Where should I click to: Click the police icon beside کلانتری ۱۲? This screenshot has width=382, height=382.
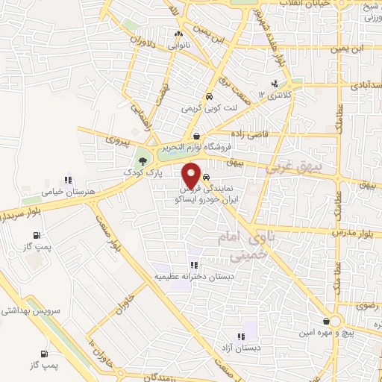click(x=275, y=84)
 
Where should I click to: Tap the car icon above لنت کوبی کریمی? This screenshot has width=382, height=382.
click(x=210, y=96)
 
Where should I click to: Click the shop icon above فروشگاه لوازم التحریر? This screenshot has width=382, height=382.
click(x=196, y=136)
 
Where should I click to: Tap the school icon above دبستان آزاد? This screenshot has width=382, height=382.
click(x=240, y=337)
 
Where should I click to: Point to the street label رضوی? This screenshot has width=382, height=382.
click(x=366, y=306)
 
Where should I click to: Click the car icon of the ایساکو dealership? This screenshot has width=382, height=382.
click(x=207, y=178)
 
